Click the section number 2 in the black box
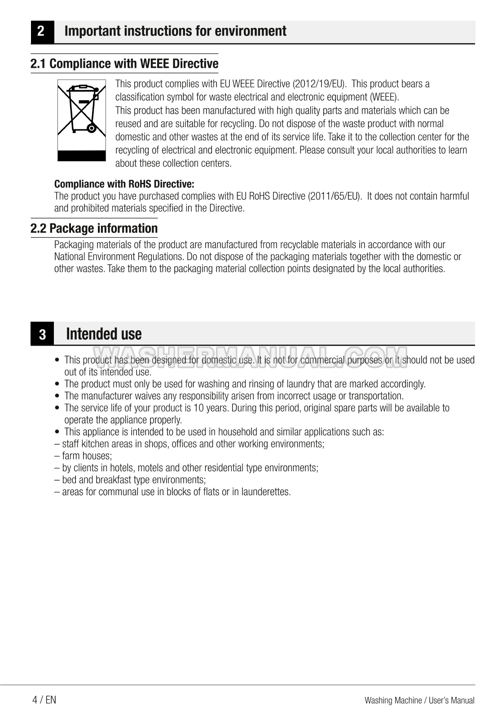click(41, 31)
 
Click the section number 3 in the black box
click(42, 335)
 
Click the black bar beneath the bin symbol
click(82, 156)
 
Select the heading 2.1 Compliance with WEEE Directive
click(124, 64)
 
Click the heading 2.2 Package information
click(94, 229)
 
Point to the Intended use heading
click(104, 334)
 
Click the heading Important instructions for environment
click(175, 31)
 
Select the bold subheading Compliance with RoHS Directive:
click(124, 184)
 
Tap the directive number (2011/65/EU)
click(335, 196)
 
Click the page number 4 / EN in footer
click(44, 700)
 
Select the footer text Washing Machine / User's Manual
click(419, 700)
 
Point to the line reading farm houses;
click(84, 456)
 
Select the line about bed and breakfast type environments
click(130, 480)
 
